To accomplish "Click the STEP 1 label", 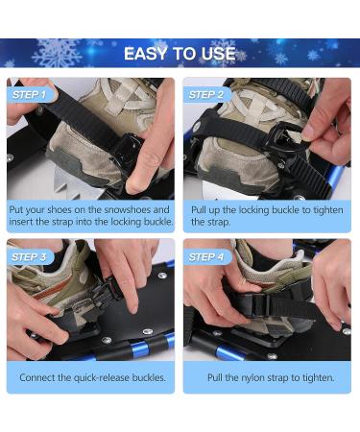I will point(29,95).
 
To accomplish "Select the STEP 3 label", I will point(29,256).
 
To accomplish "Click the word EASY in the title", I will point(149,53).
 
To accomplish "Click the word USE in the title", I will point(218,53).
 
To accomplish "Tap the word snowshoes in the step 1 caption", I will point(142,209).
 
